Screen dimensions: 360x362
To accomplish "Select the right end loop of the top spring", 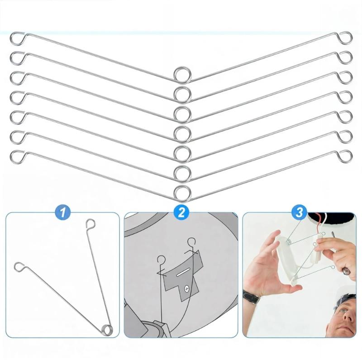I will tap(346, 38).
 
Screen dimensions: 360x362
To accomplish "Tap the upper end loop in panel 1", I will tap(90, 224).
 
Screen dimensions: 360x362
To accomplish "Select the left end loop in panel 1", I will tap(20, 266).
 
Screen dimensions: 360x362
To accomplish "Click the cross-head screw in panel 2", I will tap(186, 288).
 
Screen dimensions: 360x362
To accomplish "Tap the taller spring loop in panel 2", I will tap(191, 242).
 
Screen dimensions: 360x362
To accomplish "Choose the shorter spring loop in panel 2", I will tap(161, 260).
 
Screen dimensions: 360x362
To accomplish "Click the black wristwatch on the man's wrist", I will tap(251, 297).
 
